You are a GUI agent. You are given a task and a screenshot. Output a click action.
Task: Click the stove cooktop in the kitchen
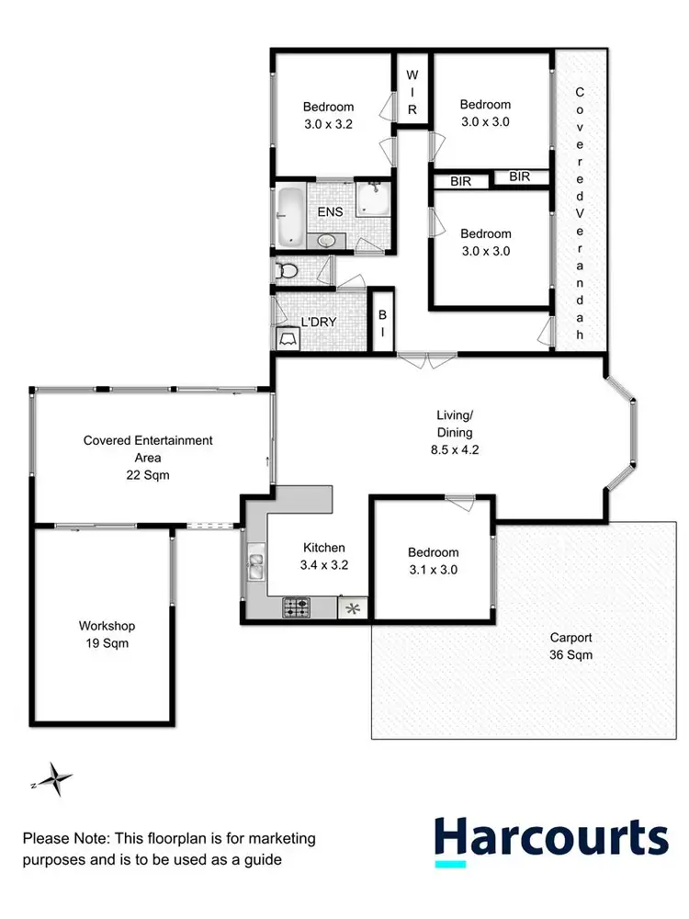click(x=295, y=607)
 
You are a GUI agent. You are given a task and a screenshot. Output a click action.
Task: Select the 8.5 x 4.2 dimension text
click(x=454, y=449)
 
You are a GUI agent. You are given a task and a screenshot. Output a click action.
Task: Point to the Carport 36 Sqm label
click(x=570, y=646)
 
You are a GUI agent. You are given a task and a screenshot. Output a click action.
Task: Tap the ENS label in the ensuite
click(x=331, y=211)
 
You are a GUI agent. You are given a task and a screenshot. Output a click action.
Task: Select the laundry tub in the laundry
click(x=286, y=338)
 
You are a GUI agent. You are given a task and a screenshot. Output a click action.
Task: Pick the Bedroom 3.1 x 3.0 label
click(x=433, y=561)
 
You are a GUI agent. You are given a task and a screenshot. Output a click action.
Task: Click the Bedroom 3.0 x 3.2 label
click(x=329, y=116)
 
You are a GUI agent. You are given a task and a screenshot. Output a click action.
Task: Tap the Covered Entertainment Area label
click(x=148, y=457)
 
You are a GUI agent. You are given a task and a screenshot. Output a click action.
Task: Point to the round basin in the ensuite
click(x=326, y=241)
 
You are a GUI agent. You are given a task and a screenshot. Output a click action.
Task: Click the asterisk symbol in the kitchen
click(x=352, y=607)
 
